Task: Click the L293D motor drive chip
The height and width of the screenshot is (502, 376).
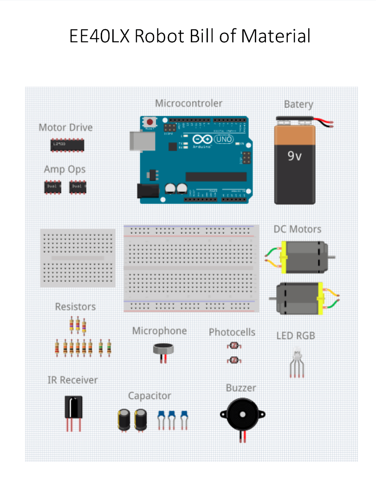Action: tap(67, 145)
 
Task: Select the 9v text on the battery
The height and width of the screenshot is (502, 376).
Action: tap(295, 156)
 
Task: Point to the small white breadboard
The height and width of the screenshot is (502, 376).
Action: tap(78, 258)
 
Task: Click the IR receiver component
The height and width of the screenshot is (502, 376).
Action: tap(73, 407)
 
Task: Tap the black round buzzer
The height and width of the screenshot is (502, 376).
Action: tap(242, 415)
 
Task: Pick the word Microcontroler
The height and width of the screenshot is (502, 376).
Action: tap(188, 103)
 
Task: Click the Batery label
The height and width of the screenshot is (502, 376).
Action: tap(298, 104)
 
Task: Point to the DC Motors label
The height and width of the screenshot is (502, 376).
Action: tap(297, 229)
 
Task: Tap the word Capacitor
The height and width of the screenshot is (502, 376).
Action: tap(149, 396)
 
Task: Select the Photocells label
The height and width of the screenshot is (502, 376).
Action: tap(232, 332)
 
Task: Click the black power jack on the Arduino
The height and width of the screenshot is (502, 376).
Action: tap(145, 191)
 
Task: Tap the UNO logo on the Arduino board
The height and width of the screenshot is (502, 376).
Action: tap(226, 139)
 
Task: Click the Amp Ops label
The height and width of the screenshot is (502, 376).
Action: tap(65, 169)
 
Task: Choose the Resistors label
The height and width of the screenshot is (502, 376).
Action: tap(75, 307)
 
